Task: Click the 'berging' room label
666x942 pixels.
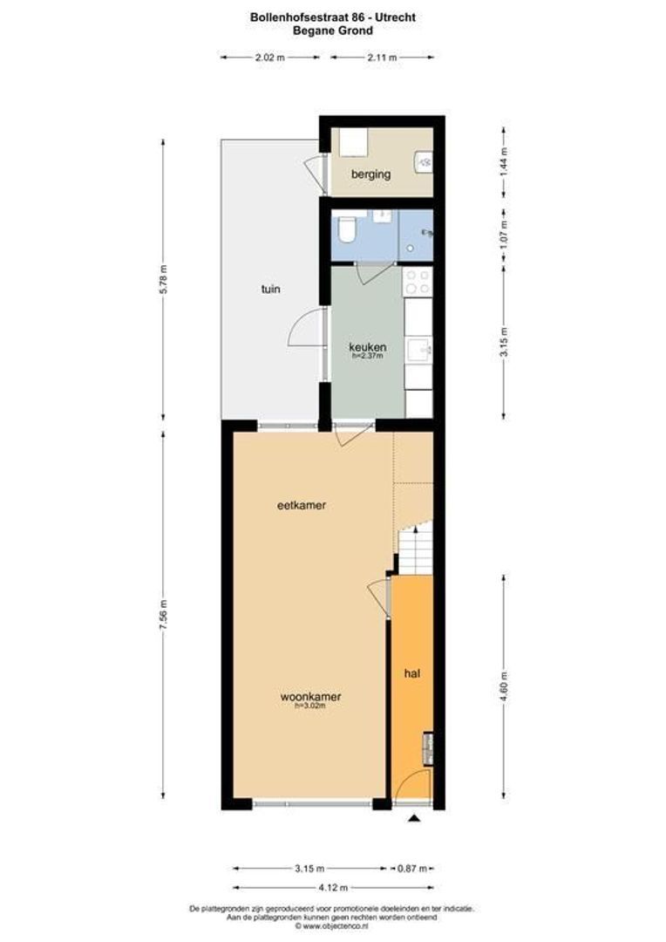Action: coord(370,174)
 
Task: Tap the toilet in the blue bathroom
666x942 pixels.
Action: coord(346,230)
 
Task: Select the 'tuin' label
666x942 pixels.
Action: coord(271,289)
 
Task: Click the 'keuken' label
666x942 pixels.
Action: coord(368,347)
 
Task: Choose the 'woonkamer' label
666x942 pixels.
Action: coord(309,697)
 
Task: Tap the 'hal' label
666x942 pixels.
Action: coord(411,674)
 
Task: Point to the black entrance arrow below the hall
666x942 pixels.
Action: coord(414,817)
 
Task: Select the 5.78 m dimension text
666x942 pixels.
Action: coord(162,280)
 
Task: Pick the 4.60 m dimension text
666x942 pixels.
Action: coord(504,685)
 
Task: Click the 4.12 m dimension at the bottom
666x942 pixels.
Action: coord(332,888)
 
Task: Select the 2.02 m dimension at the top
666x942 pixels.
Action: coord(269,58)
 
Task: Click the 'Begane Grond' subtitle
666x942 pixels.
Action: coord(332,31)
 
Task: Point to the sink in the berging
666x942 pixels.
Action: coord(424,160)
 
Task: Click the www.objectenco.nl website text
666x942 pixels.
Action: coord(332,926)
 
